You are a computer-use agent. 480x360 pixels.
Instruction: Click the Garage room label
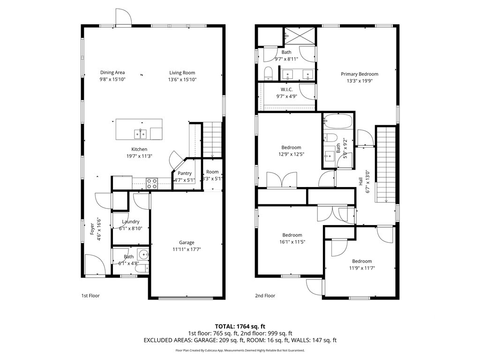coord(187,242)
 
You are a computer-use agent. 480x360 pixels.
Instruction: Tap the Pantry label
coord(185,173)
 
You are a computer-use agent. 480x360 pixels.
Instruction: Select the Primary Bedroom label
coord(360,74)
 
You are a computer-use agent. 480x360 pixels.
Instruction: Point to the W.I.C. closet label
coord(286,90)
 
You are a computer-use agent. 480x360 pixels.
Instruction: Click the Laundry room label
coord(130,222)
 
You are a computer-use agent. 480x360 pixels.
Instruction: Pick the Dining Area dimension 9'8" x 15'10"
coord(112,79)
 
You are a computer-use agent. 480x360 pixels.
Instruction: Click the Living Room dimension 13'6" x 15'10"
coord(182,79)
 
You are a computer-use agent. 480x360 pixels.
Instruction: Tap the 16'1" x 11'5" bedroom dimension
coord(292,242)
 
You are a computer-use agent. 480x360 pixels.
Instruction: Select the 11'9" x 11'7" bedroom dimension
coord(362,268)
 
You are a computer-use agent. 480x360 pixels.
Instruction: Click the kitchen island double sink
coord(141,134)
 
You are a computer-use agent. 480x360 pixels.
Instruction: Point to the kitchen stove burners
coord(152,184)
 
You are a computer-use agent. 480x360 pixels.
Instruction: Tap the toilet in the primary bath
coord(268,74)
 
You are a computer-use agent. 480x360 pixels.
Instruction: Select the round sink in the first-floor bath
coord(143,254)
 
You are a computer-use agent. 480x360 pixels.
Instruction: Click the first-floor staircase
coord(212,140)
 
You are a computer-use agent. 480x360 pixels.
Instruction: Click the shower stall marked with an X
coord(300,36)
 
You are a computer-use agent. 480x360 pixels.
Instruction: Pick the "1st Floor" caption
coord(90,296)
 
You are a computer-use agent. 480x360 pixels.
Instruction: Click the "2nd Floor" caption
coord(265,296)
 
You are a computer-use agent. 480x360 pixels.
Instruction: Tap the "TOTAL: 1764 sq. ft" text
coord(240,326)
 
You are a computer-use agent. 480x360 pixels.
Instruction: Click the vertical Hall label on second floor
coord(360,181)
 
